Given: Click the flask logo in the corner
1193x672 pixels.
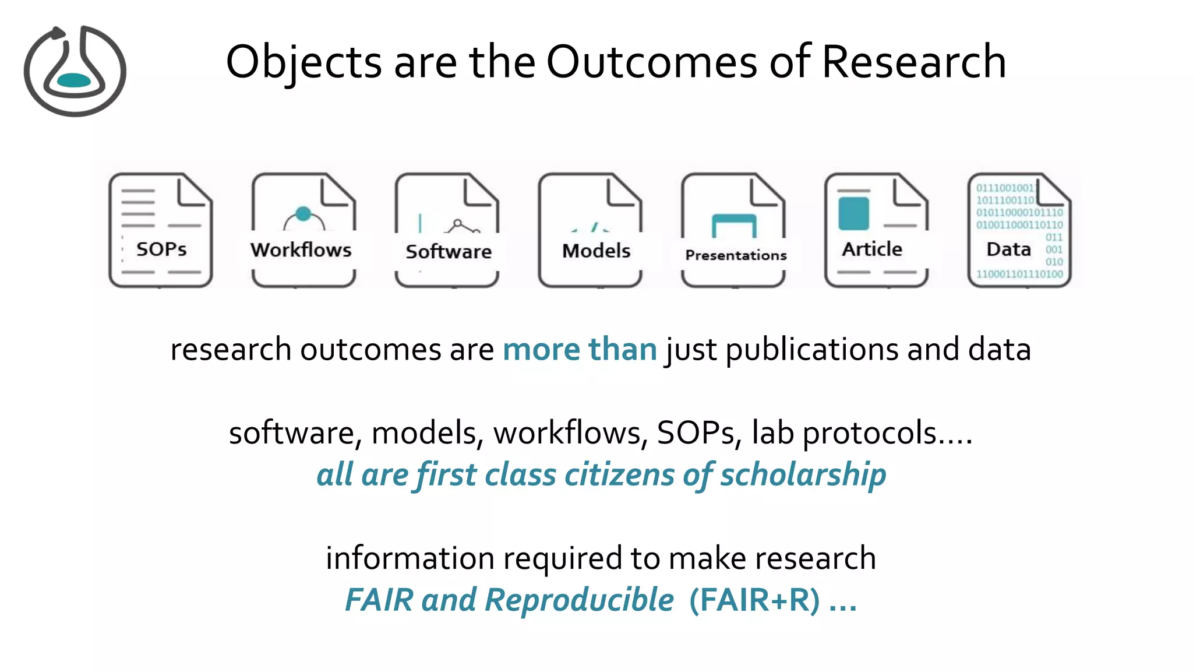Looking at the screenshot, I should point(75,71).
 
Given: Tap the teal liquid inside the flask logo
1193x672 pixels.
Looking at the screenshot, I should point(74,80).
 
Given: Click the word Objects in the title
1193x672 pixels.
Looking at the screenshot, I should point(303,62).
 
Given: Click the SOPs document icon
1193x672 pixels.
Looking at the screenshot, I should point(161,230).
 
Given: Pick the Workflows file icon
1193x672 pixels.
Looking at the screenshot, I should point(303,230).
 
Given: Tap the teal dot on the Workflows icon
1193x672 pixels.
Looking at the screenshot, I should point(303,214).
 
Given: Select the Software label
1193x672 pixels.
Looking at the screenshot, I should point(449,252).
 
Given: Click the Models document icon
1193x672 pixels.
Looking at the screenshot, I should point(590,230).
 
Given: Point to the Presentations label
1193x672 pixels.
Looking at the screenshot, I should point(736,255).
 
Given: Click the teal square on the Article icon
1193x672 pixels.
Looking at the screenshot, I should point(853,213).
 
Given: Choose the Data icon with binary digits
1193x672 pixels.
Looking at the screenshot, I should point(1019,230).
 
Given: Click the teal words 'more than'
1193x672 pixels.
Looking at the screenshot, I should point(580,350).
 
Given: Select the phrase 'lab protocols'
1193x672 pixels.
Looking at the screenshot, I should point(845,433).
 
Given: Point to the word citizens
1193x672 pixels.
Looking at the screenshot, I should point(619,474).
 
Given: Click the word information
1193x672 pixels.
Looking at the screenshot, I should point(410,558).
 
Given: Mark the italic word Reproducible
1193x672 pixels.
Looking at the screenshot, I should point(579,600).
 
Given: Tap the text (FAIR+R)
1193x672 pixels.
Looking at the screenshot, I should point(754,600).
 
